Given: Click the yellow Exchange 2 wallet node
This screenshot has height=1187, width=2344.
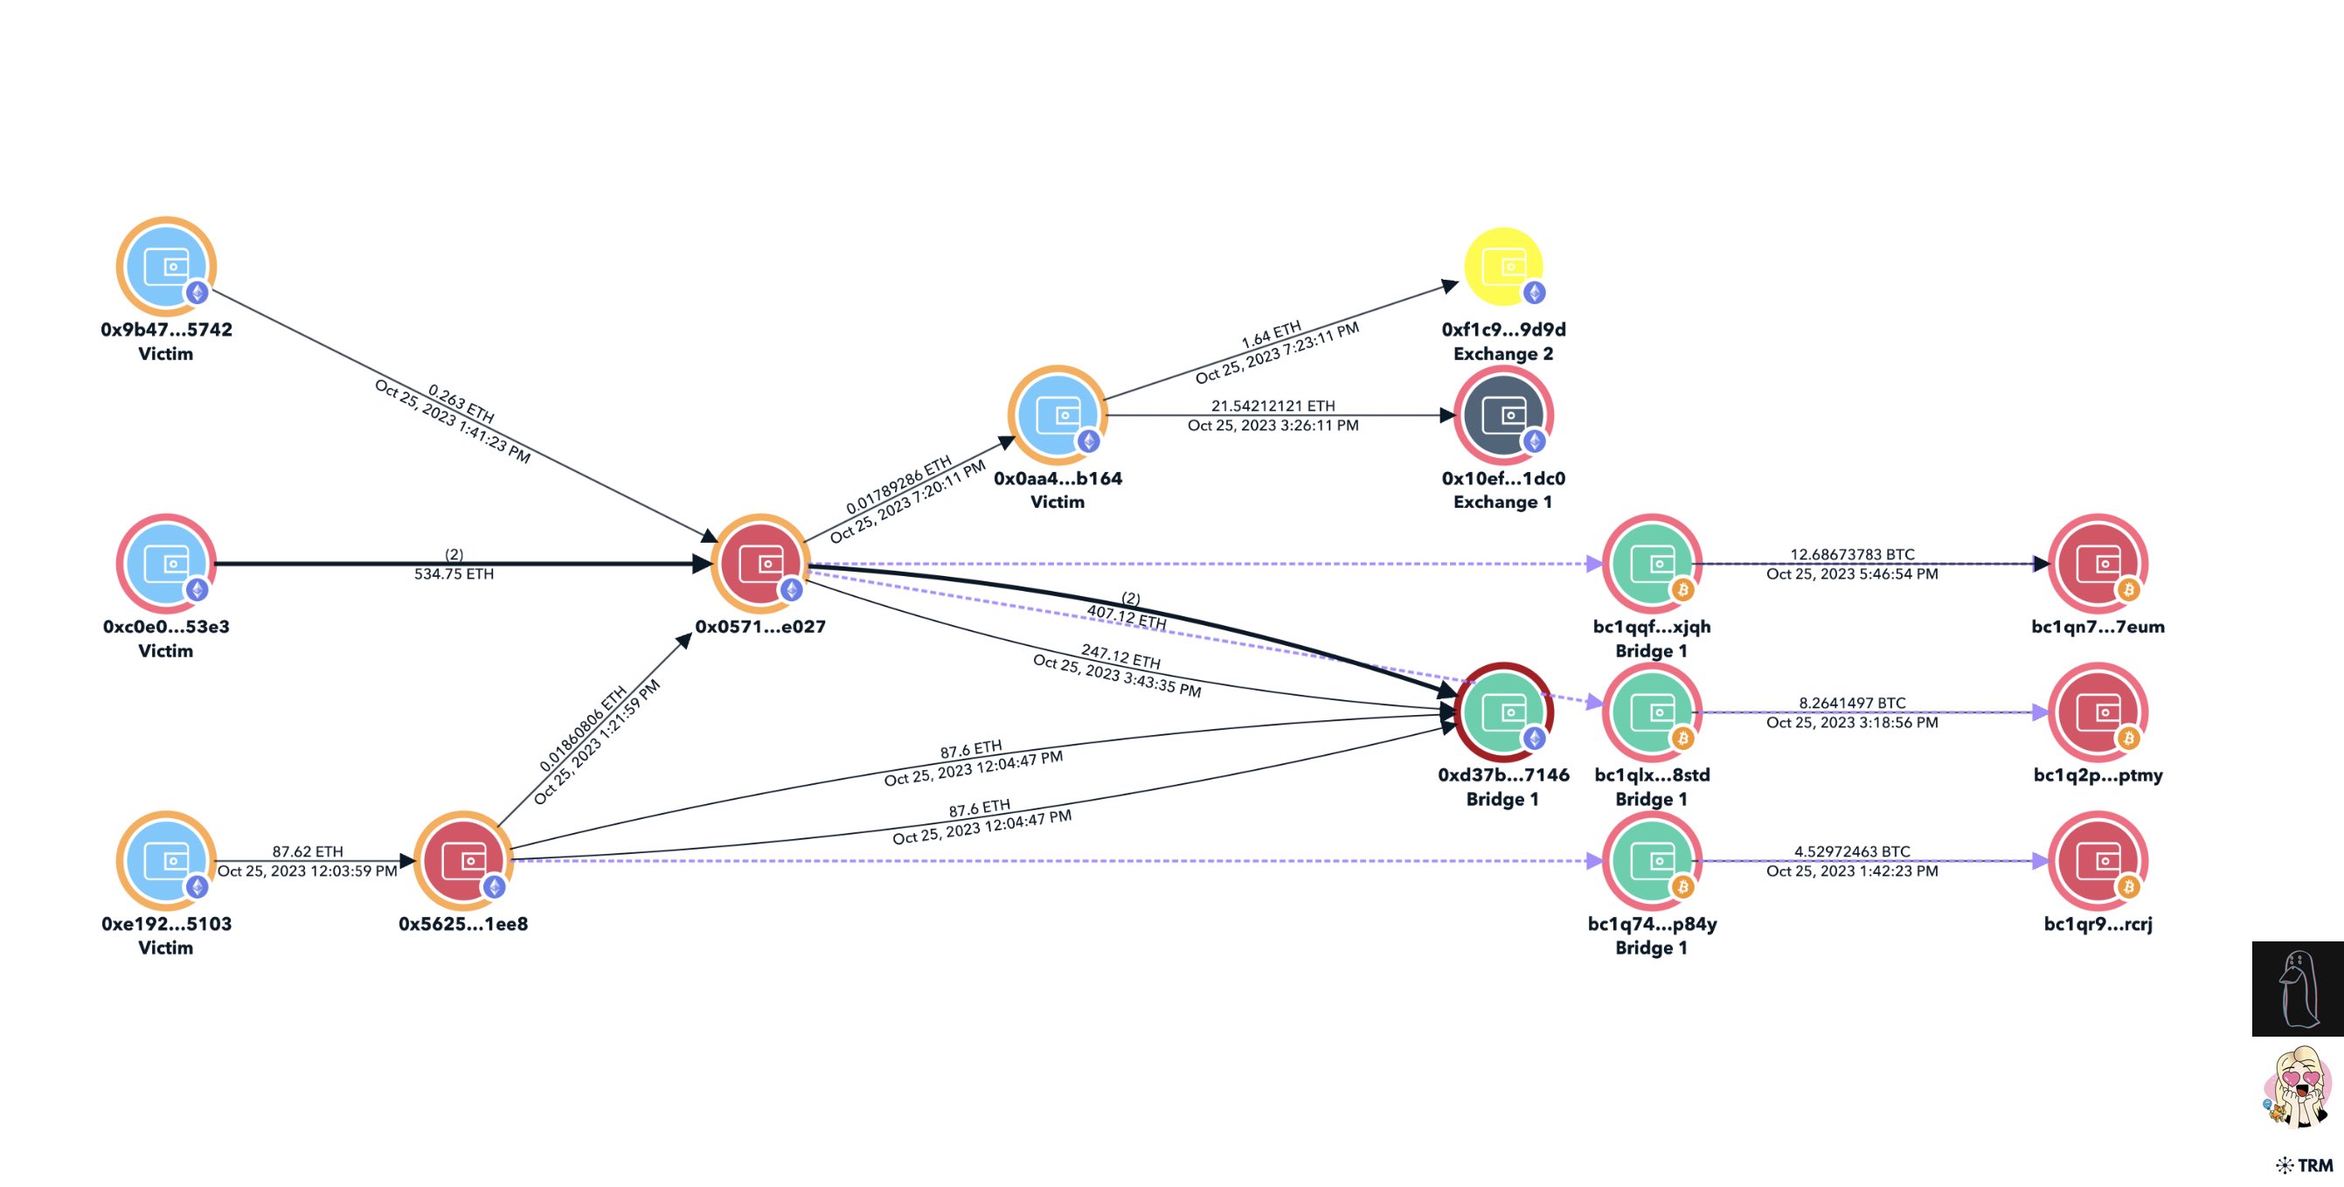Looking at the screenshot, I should (1503, 266).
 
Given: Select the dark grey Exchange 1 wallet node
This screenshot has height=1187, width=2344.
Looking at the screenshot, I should (1503, 415).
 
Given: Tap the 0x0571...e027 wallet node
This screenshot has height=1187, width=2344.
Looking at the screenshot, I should (759, 564).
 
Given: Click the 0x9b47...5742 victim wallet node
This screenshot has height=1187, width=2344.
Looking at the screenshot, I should (165, 266).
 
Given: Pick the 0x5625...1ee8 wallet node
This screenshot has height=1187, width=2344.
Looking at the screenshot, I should (462, 860).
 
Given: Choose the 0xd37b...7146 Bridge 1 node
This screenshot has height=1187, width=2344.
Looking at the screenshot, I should (1503, 712).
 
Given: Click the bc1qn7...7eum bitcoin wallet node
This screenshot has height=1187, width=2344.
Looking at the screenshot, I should (2098, 564).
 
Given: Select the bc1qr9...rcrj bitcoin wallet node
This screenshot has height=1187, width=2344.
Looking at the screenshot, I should (2098, 860).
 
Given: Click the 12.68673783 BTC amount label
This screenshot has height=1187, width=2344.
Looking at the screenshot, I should (1852, 554).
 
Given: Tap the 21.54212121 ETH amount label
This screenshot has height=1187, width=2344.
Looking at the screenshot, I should (1273, 406).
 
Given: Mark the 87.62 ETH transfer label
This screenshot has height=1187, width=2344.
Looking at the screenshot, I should (308, 851).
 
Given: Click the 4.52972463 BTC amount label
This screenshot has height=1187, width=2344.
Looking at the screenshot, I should (1852, 851).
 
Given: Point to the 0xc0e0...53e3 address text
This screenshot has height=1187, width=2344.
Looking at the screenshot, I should (165, 626).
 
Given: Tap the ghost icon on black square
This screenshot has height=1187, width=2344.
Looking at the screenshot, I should (2298, 989).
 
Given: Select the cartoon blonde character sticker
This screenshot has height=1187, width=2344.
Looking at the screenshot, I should (2298, 1086).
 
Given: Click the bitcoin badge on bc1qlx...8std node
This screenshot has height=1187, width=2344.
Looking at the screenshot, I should (1682, 739).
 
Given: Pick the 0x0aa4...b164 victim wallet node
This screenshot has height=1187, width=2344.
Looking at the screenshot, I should (1058, 415).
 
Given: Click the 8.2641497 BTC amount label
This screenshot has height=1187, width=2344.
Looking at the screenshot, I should (1852, 703).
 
